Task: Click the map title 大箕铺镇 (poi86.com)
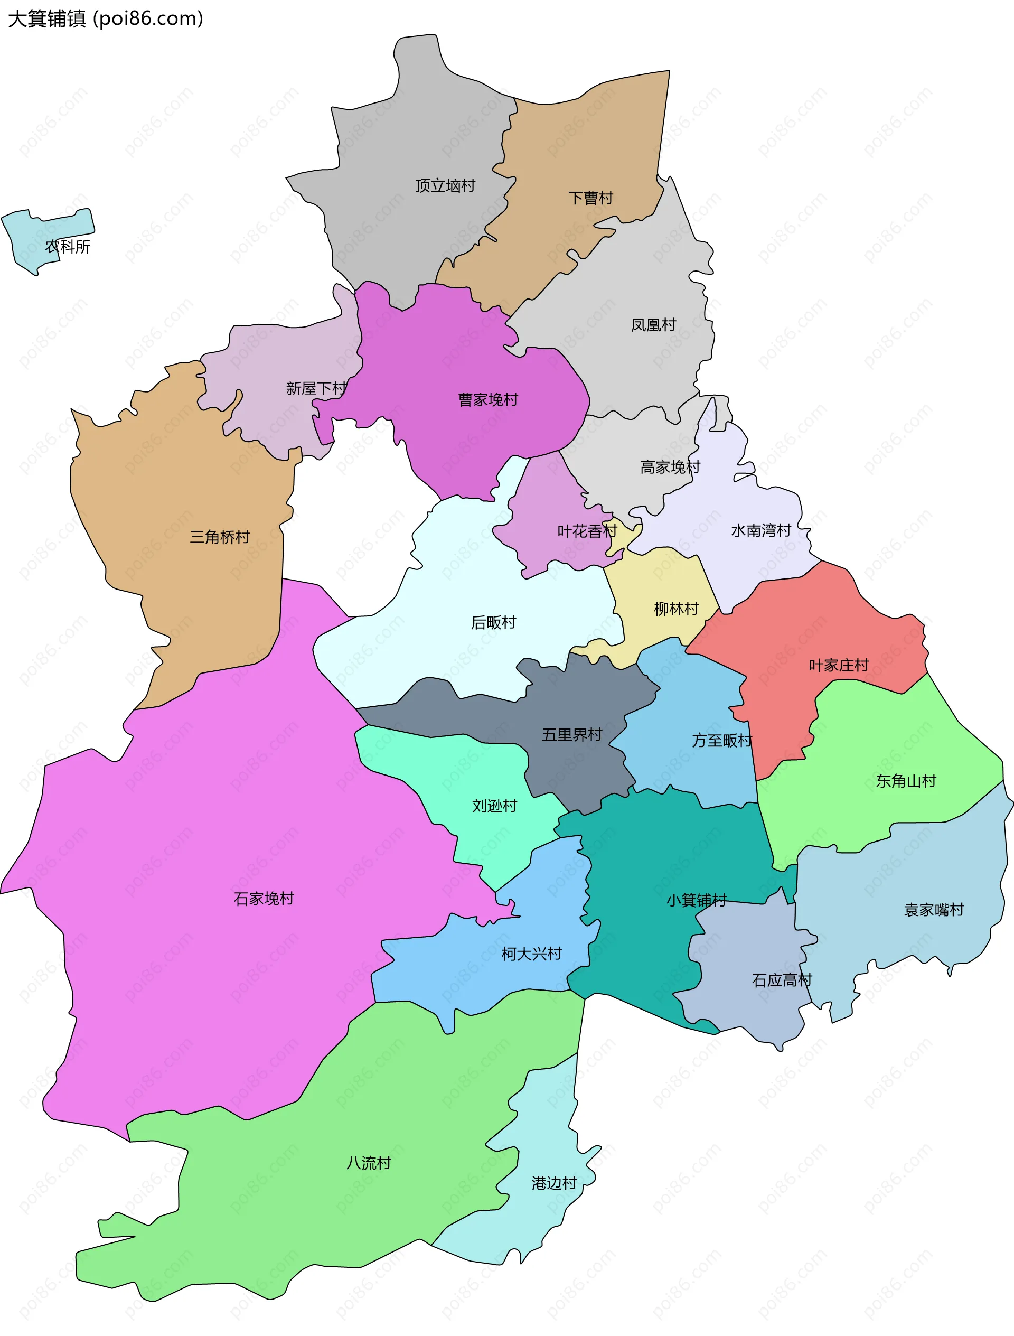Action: click(106, 18)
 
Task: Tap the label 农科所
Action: click(68, 246)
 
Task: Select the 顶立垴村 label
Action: click(445, 185)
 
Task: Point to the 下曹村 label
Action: click(590, 198)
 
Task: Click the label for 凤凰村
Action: click(653, 325)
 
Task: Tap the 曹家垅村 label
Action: click(488, 399)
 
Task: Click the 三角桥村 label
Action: click(220, 537)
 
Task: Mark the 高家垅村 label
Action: click(670, 467)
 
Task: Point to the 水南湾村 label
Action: click(761, 530)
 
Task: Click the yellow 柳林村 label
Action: click(677, 608)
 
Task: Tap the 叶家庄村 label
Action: click(839, 665)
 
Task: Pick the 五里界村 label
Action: click(572, 734)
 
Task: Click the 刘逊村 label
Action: click(495, 805)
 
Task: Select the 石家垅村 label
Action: click(264, 899)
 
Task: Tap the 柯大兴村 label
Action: click(531, 954)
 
